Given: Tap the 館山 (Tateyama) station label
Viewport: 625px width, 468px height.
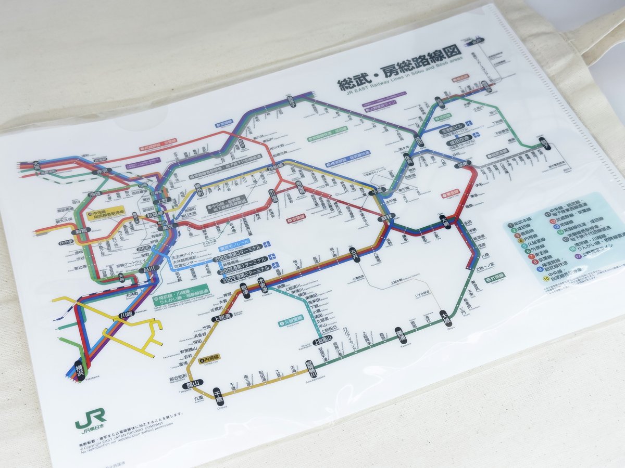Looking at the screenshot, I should pyautogui.click(x=193, y=384).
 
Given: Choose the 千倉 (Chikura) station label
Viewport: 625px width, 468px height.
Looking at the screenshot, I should pyautogui.click(x=218, y=394).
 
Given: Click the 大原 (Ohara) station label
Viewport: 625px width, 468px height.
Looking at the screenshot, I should pyautogui.click(x=444, y=316).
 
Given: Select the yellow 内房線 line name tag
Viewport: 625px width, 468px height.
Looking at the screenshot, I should pyautogui.click(x=211, y=357).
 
